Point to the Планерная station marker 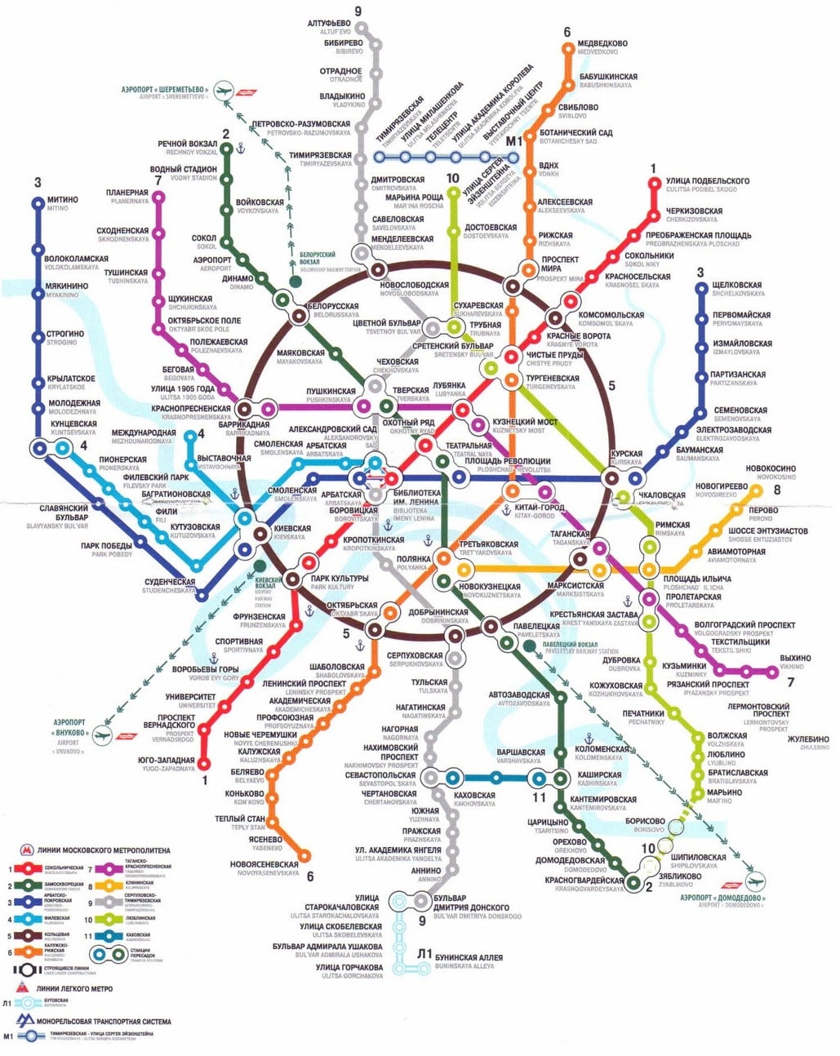point(159,197)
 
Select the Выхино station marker point(773,672)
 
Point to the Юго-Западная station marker point(204,765)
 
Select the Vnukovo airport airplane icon point(101,734)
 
